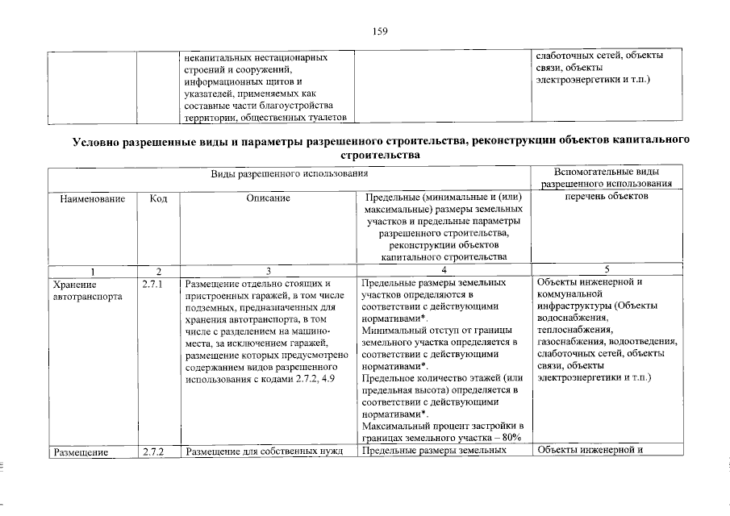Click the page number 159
click(380, 31)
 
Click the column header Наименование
click(91, 198)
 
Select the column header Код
click(158, 198)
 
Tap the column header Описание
click(267, 198)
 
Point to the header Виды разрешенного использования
click(289, 173)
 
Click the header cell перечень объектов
click(607, 198)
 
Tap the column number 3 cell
click(267, 269)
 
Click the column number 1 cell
click(92, 269)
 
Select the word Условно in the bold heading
click(99, 141)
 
